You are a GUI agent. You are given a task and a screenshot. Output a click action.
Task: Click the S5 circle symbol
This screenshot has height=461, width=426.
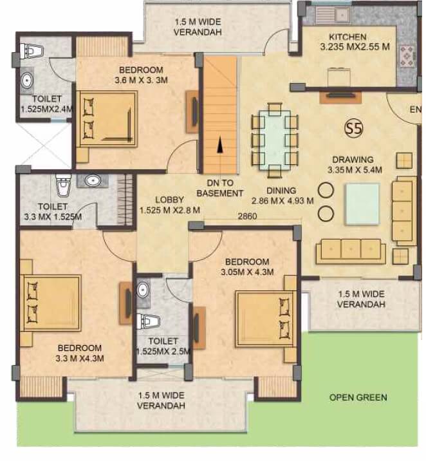(x=353, y=127)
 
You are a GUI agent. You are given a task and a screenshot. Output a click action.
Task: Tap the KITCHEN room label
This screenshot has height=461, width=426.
(x=347, y=37)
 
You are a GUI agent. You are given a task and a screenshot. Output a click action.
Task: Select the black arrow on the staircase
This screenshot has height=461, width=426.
(x=221, y=146)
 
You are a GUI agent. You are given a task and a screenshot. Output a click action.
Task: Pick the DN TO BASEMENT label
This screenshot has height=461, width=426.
(x=220, y=188)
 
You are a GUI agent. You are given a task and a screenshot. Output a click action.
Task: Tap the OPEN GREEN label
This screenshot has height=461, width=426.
(x=358, y=397)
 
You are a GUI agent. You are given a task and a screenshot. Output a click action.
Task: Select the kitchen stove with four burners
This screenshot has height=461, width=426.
(x=406, y=57)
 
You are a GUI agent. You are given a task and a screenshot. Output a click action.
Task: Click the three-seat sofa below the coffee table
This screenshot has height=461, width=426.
(x=350, y=250)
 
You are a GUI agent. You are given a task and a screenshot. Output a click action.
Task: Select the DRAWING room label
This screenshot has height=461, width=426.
(x=353, y=160)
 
